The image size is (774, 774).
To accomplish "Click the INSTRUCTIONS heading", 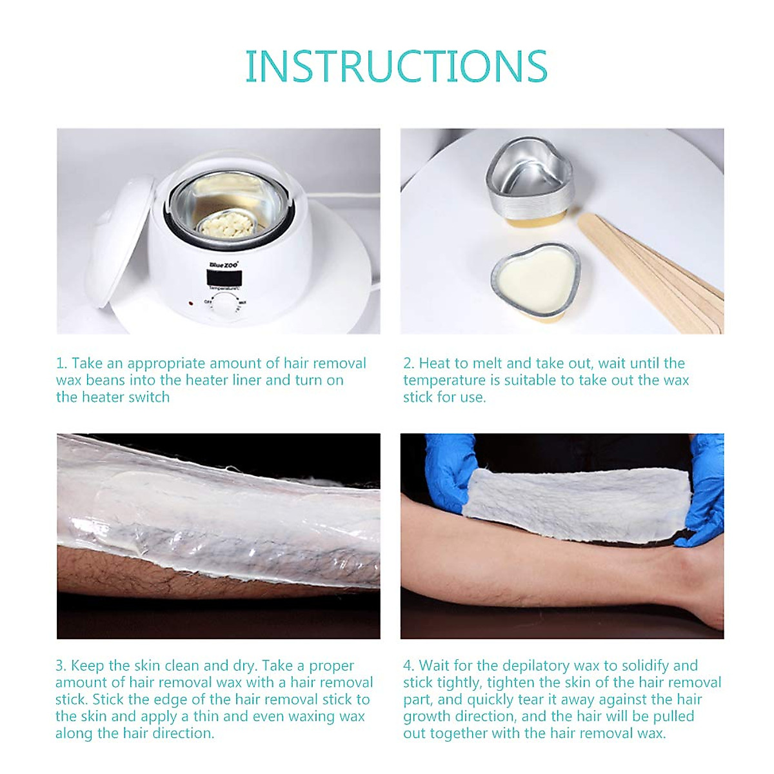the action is [x=396, y=66].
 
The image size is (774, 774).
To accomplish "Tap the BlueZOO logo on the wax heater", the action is [x=224, y=264].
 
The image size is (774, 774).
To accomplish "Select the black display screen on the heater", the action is [x=224, y=277].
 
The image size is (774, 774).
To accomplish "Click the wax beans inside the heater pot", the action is [x=217, y=227].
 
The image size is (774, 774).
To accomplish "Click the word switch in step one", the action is [x=149, y=397].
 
